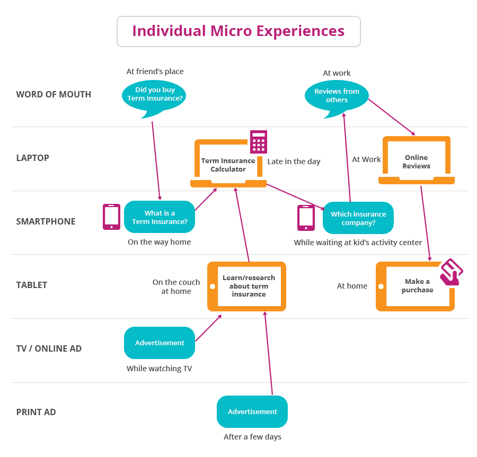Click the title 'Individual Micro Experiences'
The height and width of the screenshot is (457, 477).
[x=238, y=31]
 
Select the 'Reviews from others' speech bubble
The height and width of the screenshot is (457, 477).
[x=337, y=98]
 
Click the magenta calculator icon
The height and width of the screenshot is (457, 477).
[x=259, y=142]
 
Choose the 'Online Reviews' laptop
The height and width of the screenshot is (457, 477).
[x=417, y=160]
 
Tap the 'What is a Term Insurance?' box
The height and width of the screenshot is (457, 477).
[x=160, y=217]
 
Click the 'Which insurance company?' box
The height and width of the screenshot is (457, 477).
[x=358, y=218]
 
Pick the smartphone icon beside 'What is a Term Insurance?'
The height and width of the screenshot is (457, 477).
[x=112, y=217]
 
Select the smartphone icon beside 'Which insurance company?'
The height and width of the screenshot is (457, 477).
[x=306, y=218]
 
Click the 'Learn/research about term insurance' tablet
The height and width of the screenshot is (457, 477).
[x=246, y=286]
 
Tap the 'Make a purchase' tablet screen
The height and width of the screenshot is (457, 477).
[x=418, y=286]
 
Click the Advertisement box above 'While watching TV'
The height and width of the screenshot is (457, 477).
[x=160, y=343]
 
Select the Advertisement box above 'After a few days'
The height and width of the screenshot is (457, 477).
[x=252, y=412]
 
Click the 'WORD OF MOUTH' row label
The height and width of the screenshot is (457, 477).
[x=54, y=94]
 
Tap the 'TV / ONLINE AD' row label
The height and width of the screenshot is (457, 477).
[x=49, y=348]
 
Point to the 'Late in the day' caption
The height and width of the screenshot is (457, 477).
[x=294, y=162]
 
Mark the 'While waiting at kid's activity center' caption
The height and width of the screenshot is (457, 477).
[x=358, y=243]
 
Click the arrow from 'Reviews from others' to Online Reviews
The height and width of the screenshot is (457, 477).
[x=392, y=117]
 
